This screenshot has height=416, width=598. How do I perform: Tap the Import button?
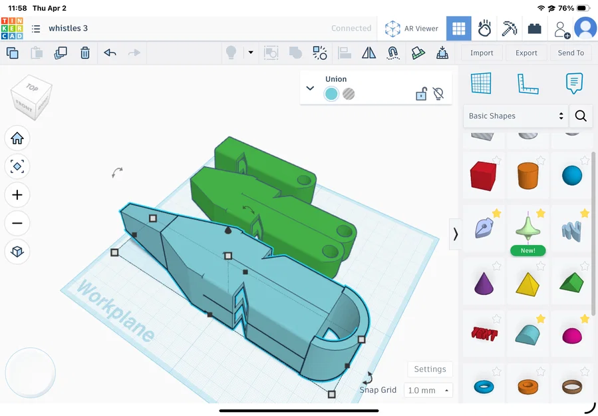point(482,53)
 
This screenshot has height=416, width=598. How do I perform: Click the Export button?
point(526,53)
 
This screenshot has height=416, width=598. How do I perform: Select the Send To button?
point(571,53)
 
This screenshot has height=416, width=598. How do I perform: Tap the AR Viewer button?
point(413,29)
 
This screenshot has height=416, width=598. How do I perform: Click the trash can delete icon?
point(85,53)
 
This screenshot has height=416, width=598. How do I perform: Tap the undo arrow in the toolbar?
point(110,53)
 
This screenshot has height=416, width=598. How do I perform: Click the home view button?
point(17,138)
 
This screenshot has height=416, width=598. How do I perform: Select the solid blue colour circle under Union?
point(331,94)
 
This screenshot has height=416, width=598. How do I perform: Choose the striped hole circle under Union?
point(349,94)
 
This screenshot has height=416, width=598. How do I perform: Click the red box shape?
point(483,176)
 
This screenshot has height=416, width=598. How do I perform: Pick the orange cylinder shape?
point(527,176)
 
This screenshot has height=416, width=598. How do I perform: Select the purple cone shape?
point(483,283)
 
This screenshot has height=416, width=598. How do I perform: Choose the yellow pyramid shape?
point(527,283)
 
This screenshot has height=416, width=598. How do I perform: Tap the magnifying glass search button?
point(581,116)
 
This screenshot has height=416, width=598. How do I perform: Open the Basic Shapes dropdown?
point(516,116)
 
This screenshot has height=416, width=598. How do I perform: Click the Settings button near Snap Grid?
point(430,369)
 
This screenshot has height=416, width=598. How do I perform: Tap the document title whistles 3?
point(68,29)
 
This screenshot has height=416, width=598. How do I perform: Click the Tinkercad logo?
point(12,29)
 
